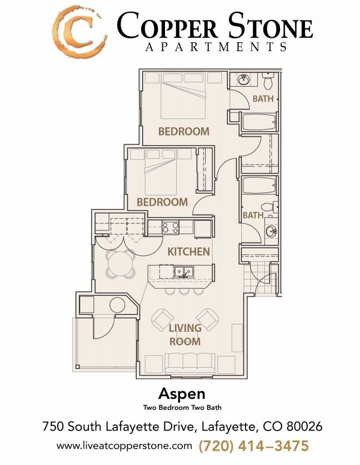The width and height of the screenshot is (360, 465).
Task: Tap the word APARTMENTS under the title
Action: coord(216,47)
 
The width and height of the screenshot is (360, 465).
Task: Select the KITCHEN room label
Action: coord(189,252)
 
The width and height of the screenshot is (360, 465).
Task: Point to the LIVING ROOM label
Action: coord(185,335)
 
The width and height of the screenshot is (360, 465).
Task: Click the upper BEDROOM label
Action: coord(184,132)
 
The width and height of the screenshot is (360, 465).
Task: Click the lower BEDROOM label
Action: coord(162,202)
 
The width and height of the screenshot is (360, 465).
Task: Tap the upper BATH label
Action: coord(263,99)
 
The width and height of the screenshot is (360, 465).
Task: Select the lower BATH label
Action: coord(253,216)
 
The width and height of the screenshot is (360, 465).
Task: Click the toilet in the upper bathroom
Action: coord(268,82)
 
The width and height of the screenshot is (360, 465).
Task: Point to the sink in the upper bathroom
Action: coord(243,80)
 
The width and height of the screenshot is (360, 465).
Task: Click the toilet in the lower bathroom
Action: coord(270,207)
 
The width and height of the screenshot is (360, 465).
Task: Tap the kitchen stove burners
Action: coord(169,227)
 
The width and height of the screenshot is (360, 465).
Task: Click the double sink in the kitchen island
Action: coord(183,272)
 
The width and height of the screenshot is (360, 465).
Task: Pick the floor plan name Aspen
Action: coord(182,394)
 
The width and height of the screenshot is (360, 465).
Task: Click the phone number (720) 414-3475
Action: coord(254,446)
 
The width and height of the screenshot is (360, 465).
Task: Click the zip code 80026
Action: coord(302,427)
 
